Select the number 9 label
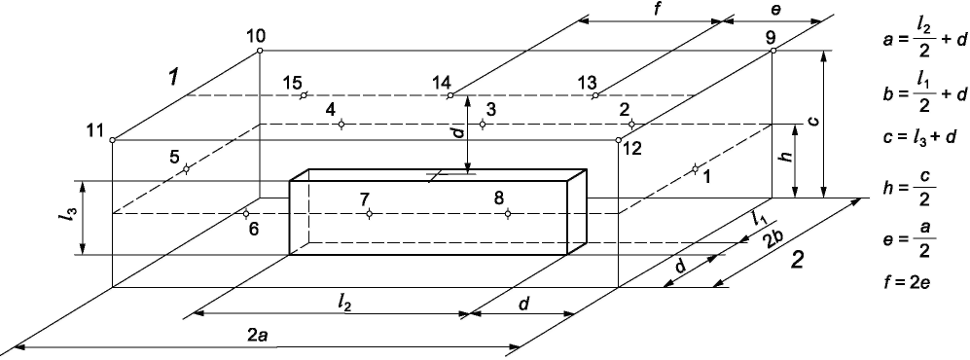(771, 36)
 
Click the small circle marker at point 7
(369, 214)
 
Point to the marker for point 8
(507, 214)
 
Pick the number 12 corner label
(631, 149)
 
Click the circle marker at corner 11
(112, 140)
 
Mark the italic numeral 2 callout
(798, 261)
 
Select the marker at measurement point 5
(186, 169)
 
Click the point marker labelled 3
(483, 125)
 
